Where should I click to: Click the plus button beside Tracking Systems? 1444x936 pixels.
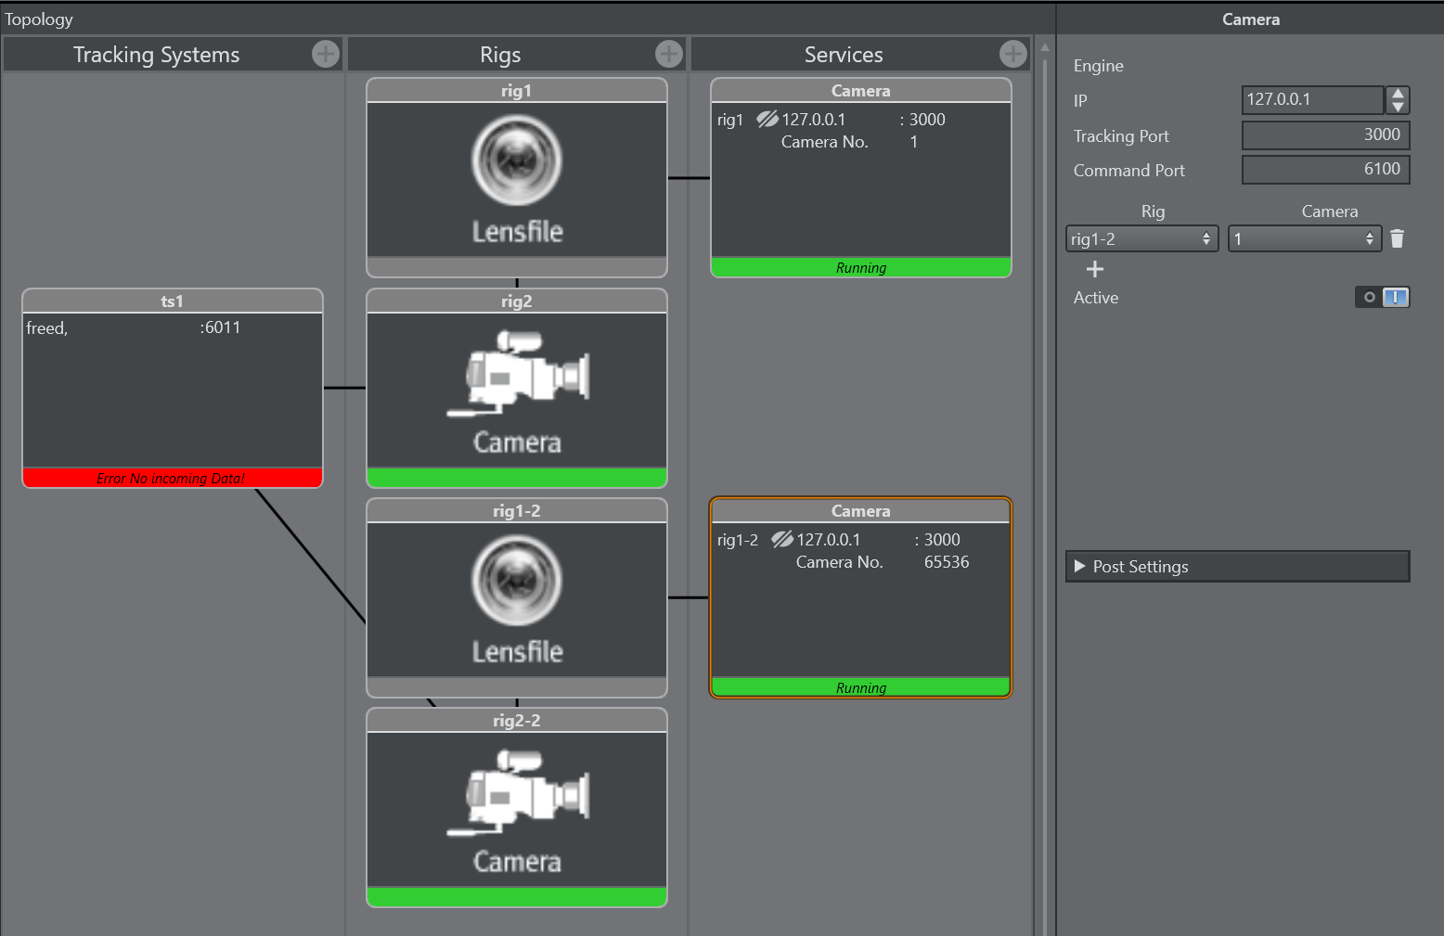[325, 55]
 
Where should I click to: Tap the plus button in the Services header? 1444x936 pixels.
[1012, 55]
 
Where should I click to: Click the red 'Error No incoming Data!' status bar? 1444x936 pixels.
[172, 479]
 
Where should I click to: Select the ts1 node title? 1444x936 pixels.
[172, 301]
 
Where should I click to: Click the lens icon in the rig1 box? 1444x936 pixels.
[517, 160]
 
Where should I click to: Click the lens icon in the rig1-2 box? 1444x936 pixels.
[517, 581]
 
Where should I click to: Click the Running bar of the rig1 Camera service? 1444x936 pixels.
[860, 268]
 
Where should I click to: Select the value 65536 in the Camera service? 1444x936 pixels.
[946, 562]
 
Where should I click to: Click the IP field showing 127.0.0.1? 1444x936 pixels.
[1312, 99]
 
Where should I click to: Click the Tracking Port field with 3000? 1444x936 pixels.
[1325, 135]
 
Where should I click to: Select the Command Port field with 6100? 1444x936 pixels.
[1325, 170]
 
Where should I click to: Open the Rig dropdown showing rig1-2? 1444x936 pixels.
[1141, 239]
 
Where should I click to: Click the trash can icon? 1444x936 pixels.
[1397, 239]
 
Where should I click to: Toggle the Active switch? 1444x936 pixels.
[1382, 298]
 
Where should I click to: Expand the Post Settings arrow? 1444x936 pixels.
[1079, 566]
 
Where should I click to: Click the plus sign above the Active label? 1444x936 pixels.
[1095, 269]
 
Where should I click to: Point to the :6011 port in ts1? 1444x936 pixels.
[220, 327]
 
